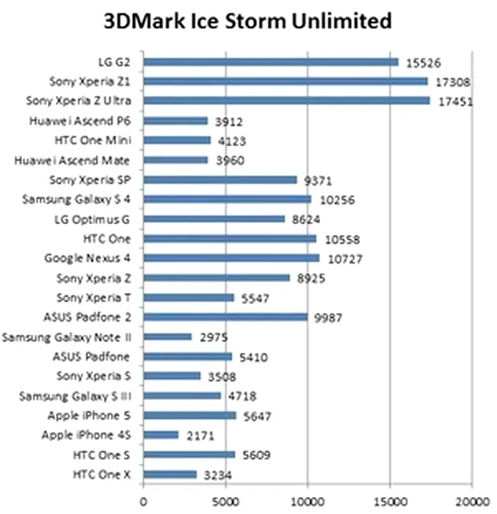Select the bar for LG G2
(x=271, y=62)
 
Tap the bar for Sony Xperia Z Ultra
(x=286, y=101)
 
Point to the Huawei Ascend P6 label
(x=85, y=120)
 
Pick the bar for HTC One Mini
(x=177, y=140)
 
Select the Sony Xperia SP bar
(x=220, y=179)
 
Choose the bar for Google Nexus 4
(x=231, y=258)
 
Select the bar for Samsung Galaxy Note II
(x=167, y=336)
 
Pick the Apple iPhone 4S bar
(x=161, y=435)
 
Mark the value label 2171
(x=197, y=435)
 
